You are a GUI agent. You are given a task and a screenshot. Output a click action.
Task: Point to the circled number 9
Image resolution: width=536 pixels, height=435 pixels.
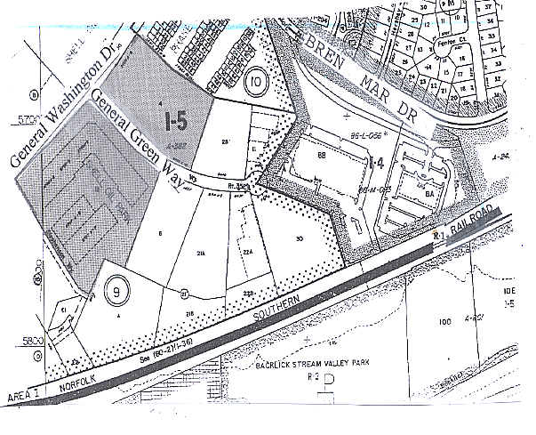click(x=115, y=288)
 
